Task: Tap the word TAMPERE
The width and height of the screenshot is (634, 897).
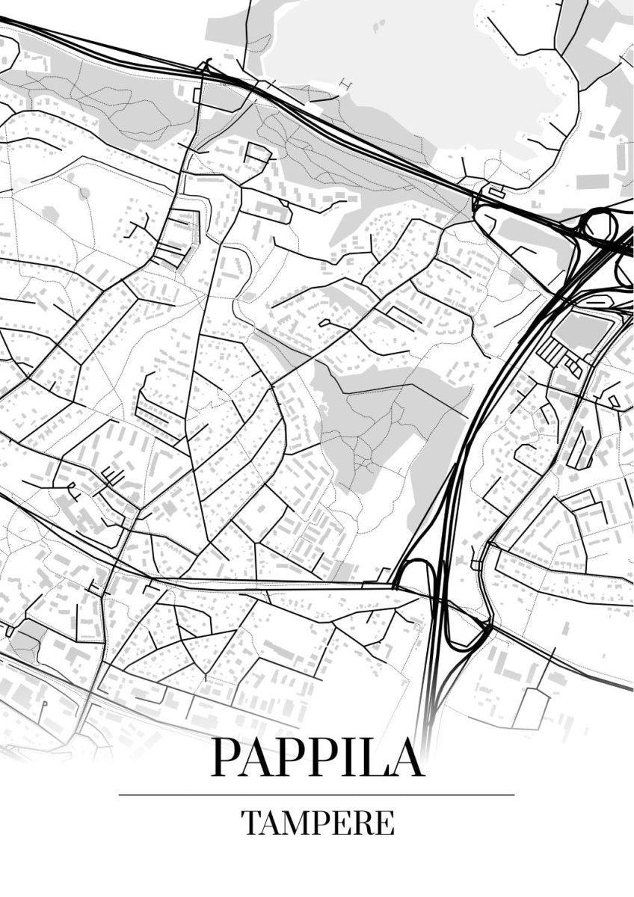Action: pyautogui.click(x=318, y=823)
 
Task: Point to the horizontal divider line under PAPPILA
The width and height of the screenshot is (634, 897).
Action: pyautogui.click(x=317, y=795)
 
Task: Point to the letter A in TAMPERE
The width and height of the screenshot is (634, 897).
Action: pyautogui.click(x=270, y=823)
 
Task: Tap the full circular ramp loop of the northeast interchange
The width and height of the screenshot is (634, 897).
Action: pyautogui.click(x=600, y=224)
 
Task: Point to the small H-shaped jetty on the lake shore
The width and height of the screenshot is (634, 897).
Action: pyautogui.click(x=345, y=82)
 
